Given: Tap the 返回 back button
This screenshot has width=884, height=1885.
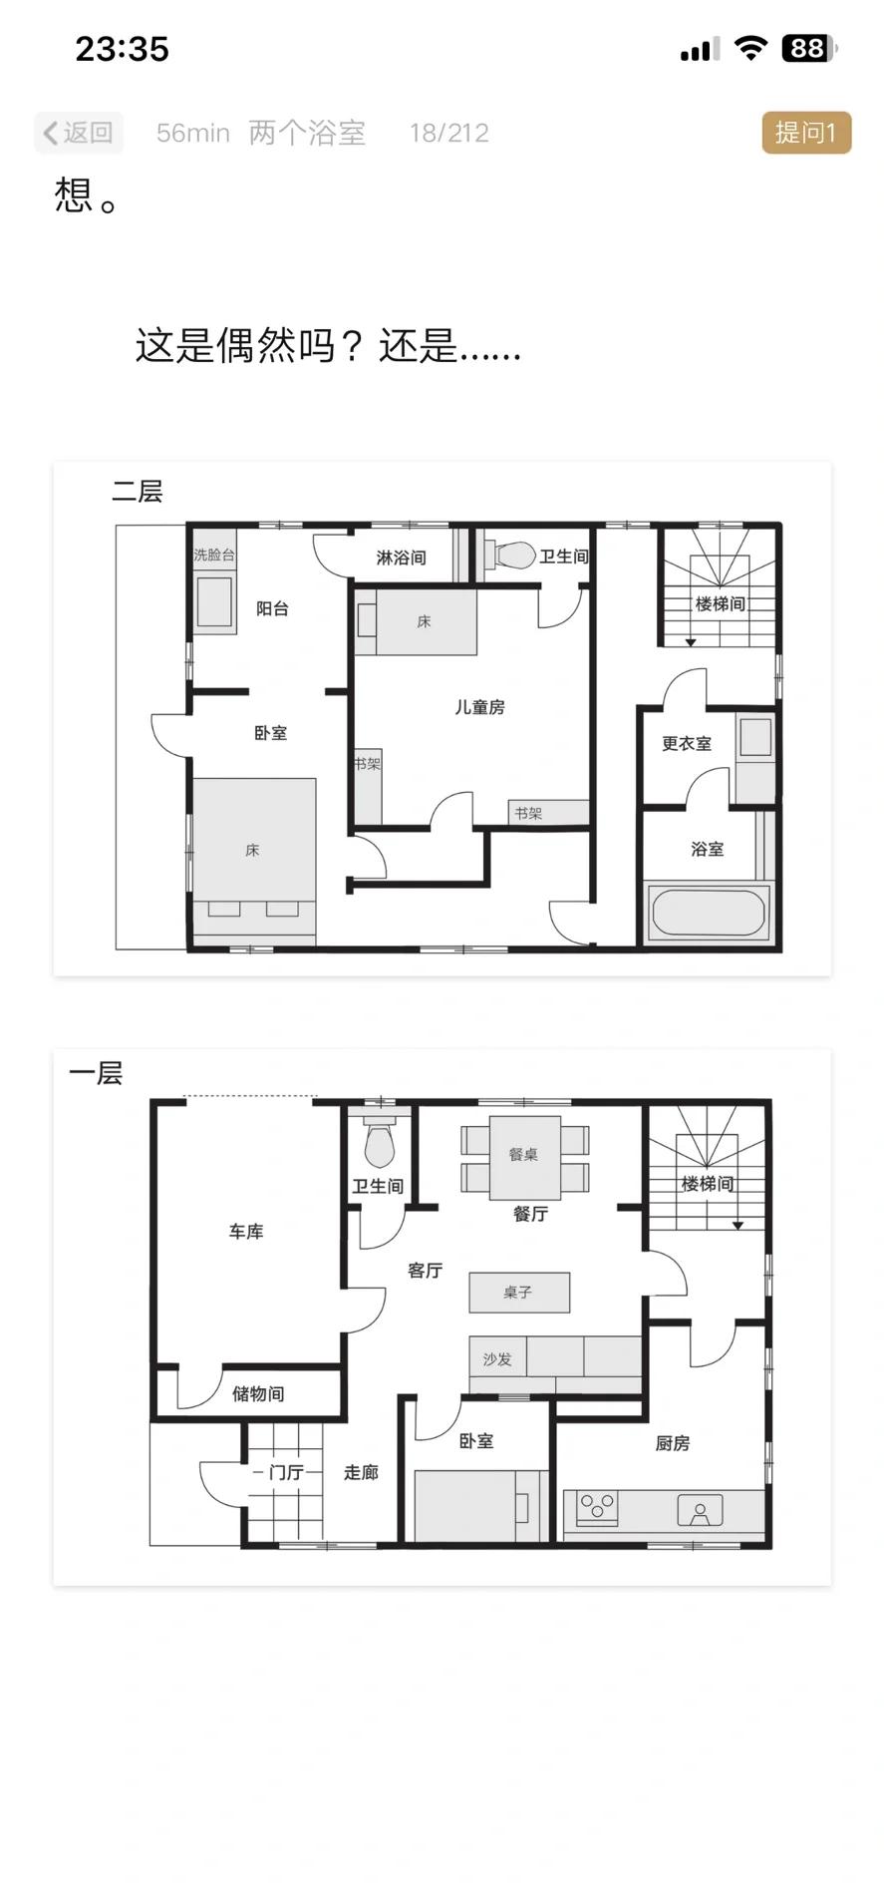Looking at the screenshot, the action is pyautogui.click(x=79, y=133).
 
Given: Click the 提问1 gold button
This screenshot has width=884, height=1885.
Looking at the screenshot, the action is pyautogui.click(x=806, y=133).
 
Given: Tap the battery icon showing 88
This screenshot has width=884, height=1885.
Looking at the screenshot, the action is pyautogui.click(x=808, y=48).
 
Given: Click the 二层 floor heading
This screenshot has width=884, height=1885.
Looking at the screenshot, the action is pyautogui.click(x=138, y=491).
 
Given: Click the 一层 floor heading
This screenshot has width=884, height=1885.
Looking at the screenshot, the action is pyautogui.click(x=96, y=1073).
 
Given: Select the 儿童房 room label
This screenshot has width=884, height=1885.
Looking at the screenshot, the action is pyautogui.click(x=479, y=707).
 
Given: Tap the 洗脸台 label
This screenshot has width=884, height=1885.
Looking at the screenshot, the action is pyautogui.click(x=214, y=555).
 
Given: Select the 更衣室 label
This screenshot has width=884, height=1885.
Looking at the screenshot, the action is pyautogui.click(x=687, y=744).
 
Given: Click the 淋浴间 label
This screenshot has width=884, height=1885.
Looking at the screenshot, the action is pyautogui.click(x=401, y=558).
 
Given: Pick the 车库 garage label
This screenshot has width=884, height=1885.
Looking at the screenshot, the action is pyautogui.click(x=246, y=1232).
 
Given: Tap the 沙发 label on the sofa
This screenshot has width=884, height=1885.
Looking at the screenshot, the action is pyautogui.click(x=497, y=1358).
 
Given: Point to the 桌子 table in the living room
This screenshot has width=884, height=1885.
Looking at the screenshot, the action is pyautogui.click(x=519, y=1293).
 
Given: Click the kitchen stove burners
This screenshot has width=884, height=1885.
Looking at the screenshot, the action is pyautogui.click(x=598, y=1506).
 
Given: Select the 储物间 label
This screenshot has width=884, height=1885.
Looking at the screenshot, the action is pyautogui.click(x=258, y=1393).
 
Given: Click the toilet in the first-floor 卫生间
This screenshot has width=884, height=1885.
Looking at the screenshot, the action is pyautogui.click(x=379, y=1144).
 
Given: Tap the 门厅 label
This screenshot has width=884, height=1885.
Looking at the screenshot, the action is pyautogui.click(x=286, y=1472).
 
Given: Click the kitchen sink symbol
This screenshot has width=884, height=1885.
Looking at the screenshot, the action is pyautogui.click(x=700, y=1510).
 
